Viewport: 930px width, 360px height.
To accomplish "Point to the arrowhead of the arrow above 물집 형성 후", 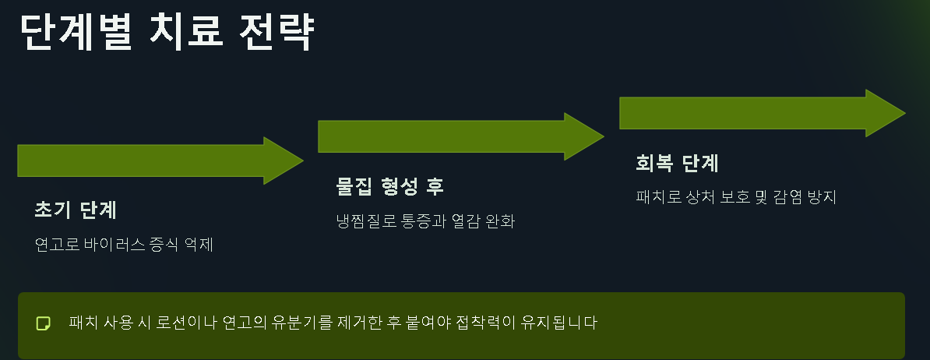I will pyautogui.click(x=583, y=136).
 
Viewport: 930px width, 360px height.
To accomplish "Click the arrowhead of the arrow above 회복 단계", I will pyautogui.click(x=885, y=113).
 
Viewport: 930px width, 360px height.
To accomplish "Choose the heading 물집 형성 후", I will pyautogui.click(x=390, y=186).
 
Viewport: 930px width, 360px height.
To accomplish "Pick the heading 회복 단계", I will pyautogui.click(x=677, y=164).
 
